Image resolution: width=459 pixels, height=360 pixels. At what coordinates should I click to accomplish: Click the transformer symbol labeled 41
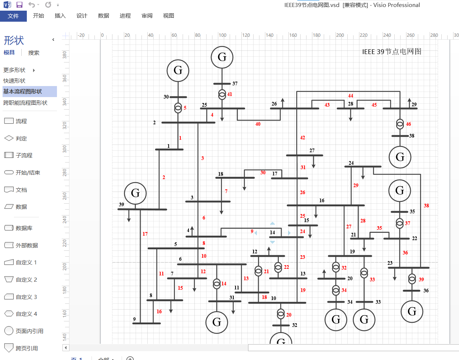click(222, 95)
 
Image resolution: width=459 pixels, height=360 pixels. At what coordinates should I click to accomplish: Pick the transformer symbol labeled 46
click(400, 124)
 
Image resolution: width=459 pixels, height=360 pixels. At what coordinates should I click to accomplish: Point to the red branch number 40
click(258, 124)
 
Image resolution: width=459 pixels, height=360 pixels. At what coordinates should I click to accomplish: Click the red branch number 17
click(145, 234)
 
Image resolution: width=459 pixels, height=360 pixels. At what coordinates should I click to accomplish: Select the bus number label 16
click(322, 200)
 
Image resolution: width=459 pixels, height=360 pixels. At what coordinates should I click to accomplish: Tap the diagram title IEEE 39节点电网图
click(392, 51)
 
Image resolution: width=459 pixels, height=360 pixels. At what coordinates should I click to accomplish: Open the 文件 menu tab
click(13, 16)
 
